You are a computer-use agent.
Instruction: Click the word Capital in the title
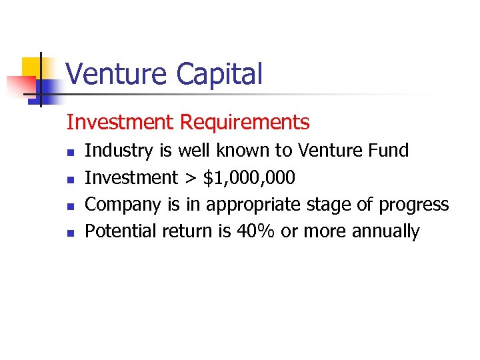coord(220,75)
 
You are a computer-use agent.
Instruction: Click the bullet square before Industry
coord(70,152)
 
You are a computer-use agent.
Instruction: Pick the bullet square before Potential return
coord(70,233)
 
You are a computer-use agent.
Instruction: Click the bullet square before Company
coord(70,205)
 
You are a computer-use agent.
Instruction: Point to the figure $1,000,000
coord(249,178)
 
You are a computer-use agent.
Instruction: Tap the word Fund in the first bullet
coord(388,151)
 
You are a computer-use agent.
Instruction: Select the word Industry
coord(119,151)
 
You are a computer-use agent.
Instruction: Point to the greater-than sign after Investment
coord(191,179)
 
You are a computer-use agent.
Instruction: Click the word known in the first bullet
coord(238,151)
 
